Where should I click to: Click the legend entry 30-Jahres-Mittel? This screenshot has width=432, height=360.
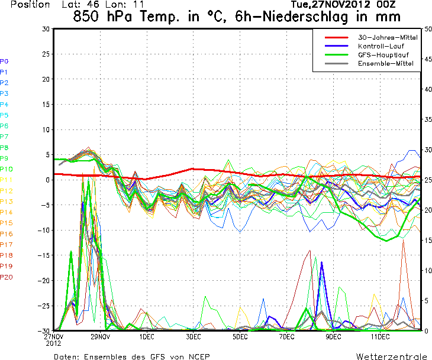[x=379, y=37]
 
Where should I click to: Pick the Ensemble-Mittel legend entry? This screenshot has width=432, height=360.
[x=379, y=63]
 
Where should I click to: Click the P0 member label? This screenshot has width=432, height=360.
[x=4, y=61]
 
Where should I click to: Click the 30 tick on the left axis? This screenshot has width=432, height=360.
[x=46, y=29]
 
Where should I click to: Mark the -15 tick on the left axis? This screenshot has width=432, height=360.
[x=43, y=255]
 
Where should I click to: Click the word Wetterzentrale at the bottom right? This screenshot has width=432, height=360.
[x=391, y=356]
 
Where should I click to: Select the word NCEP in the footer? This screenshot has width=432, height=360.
[x=197, y=356]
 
